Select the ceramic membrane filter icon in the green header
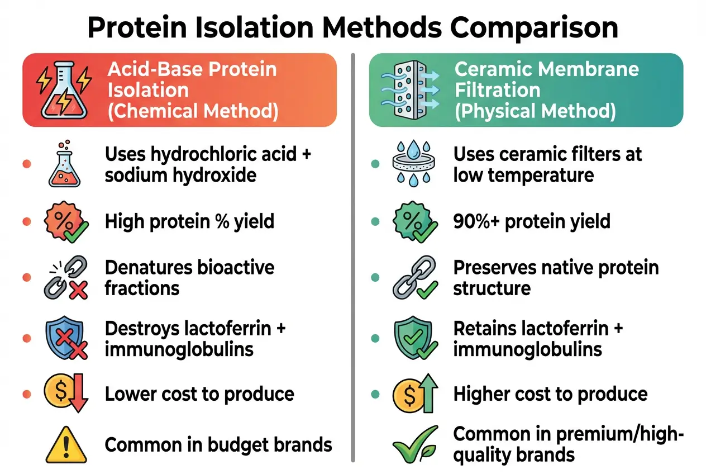[x=409, y=89]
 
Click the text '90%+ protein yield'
[x=531, y=221]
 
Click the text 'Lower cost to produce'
[x=199, y=394]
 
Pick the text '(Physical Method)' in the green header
[x=535, y=111]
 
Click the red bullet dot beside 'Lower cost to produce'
[x=26, y=394]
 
